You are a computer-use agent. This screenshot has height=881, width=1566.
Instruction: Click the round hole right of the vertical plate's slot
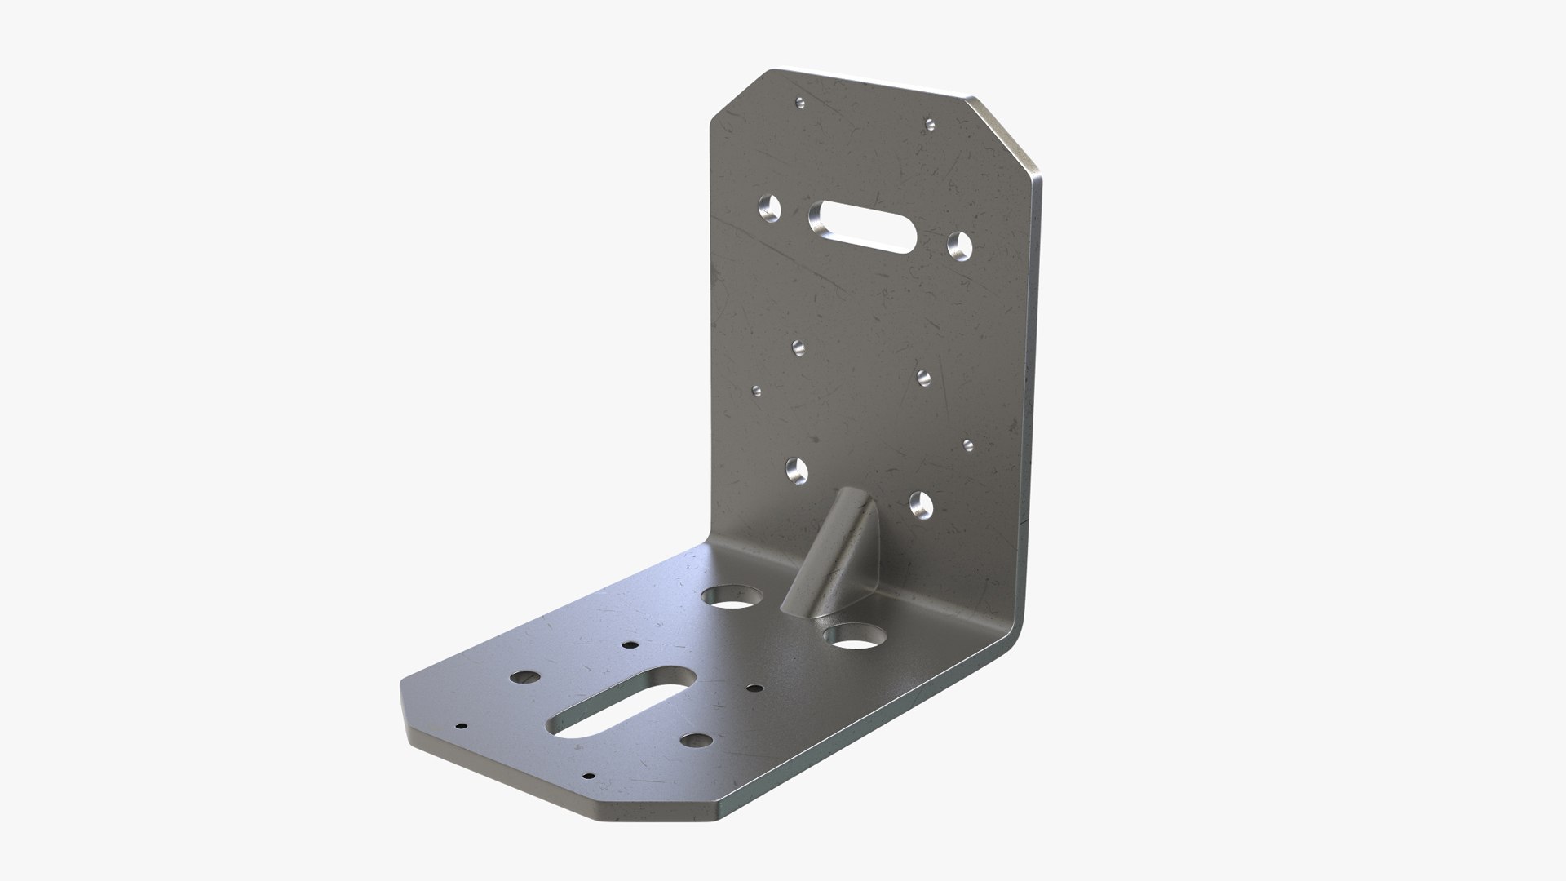click(x=959, y=244)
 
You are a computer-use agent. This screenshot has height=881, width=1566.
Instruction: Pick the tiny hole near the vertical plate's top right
click(x=929, y=124)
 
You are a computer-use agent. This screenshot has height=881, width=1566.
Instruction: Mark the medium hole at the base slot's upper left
click(x=523, y=677)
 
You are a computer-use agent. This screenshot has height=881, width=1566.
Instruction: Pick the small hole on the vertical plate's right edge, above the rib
click(x=968, y=445)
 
